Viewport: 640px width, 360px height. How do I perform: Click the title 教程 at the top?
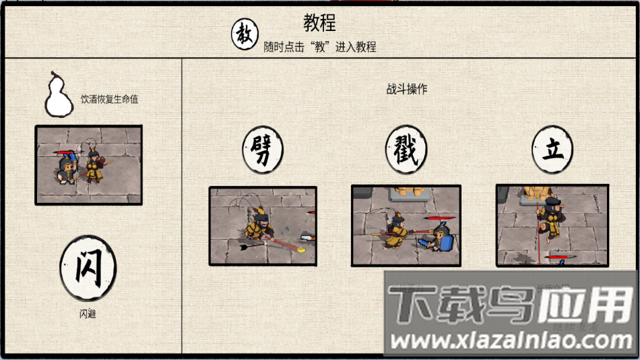pyautogui.click(x=319, y=24)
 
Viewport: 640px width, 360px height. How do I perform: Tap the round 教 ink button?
pyautogui.click(x=245, y=34)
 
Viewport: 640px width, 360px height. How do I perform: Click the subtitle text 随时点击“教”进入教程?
pyautogui.click(x=319, y=47)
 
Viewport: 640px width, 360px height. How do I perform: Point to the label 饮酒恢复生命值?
pyautogui.click(x=109, y=99)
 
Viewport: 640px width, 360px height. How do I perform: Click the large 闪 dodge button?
pyautogui.click(x=88, y=268)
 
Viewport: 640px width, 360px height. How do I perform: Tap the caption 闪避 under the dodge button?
pyautogui.click(x=88, y=313)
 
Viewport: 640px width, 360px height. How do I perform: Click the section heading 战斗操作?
pyautogui.click(x=406, y=89)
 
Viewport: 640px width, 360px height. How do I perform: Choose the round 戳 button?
pyautogui.click(x=406, y=149)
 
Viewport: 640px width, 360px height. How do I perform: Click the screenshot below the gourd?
pyautogui.click(x=88, y=164)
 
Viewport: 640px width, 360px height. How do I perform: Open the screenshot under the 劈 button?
pyautogui.click(x=262, y=225)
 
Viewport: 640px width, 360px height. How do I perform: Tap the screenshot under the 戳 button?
pyautogui.click(x=406, y=225)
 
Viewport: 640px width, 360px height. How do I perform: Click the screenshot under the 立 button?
pyautogui.click(x=552, y=225)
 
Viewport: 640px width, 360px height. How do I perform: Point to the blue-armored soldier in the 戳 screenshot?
pyautogui.click(x=442, y=238)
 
